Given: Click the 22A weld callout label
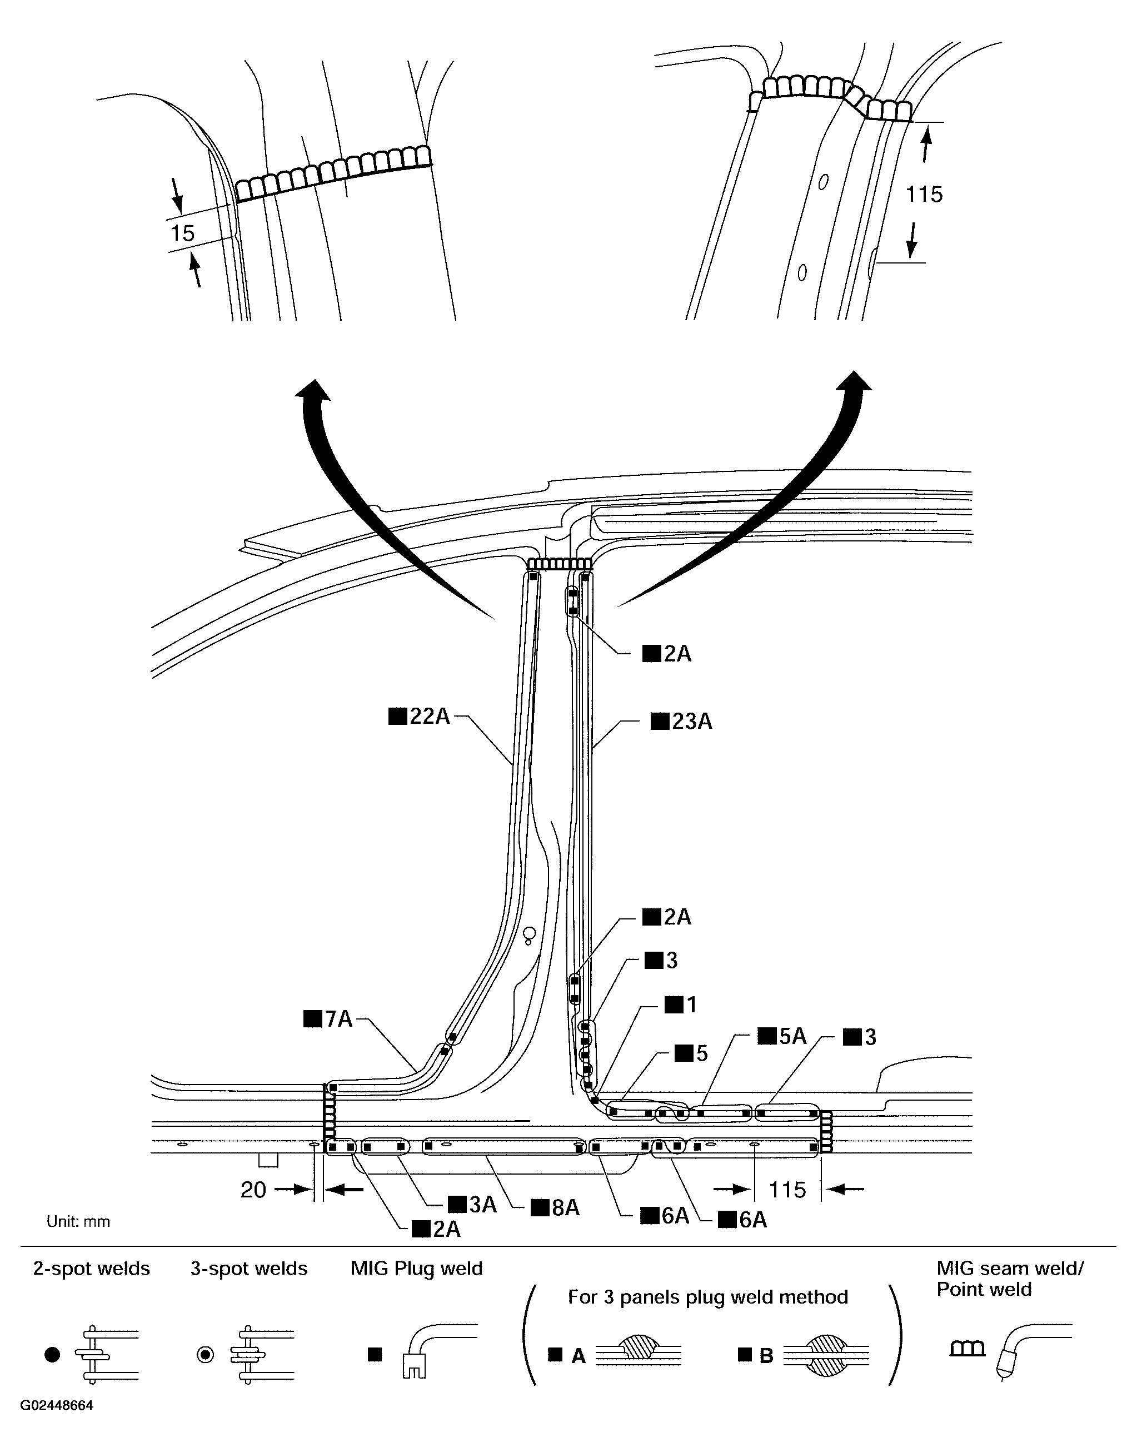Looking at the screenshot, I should click(420, 717).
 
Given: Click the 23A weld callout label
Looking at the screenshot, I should click(682, 722).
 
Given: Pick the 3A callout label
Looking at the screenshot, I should click(473, 1205).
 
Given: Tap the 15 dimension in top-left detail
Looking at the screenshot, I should click(182, 233).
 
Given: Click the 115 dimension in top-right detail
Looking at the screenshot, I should click(924, 195).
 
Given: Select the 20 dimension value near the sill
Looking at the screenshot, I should click(253, 1190).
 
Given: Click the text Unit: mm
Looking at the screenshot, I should click(78, 1222).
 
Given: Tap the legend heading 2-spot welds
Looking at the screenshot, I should click(92, 1269).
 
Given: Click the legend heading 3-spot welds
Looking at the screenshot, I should click(249, 1269).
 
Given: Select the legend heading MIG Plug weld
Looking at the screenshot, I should click(417, 1269).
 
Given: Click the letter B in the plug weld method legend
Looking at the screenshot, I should click(766, 1356).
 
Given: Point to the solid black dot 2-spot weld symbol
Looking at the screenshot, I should click(52, 1354).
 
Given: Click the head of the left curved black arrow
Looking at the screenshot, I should click(313, 389).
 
